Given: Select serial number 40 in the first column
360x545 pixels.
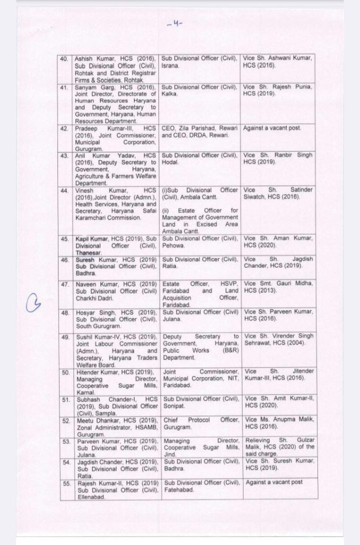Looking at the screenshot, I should tap(64, 57).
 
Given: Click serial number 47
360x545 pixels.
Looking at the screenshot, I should tap(64, 285).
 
